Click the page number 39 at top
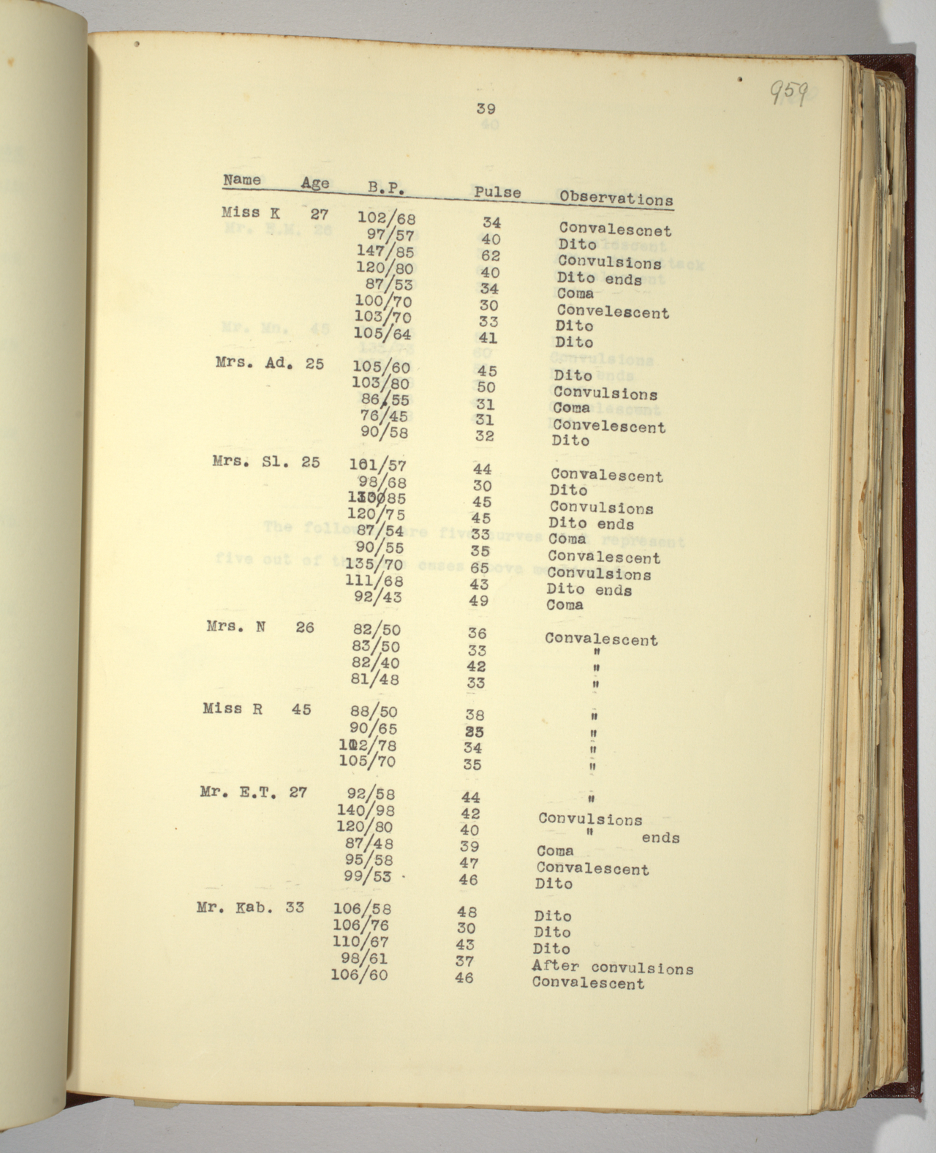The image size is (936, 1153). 486,109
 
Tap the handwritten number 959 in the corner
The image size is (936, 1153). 788,93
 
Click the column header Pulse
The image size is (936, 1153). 497,192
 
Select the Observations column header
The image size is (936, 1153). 616,198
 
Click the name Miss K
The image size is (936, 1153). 250,213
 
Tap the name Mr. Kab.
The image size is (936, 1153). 235,908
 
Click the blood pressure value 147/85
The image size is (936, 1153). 385,252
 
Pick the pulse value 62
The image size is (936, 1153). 490,255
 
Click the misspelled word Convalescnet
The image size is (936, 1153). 614,230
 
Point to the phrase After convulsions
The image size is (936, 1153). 612,967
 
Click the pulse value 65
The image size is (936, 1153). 480,567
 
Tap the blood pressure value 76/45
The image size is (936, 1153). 384,416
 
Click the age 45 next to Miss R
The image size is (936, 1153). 301,709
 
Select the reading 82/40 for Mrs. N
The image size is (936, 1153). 376,663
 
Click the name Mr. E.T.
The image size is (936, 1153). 238,792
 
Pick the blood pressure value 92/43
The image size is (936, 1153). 377,597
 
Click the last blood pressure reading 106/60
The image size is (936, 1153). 359,974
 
